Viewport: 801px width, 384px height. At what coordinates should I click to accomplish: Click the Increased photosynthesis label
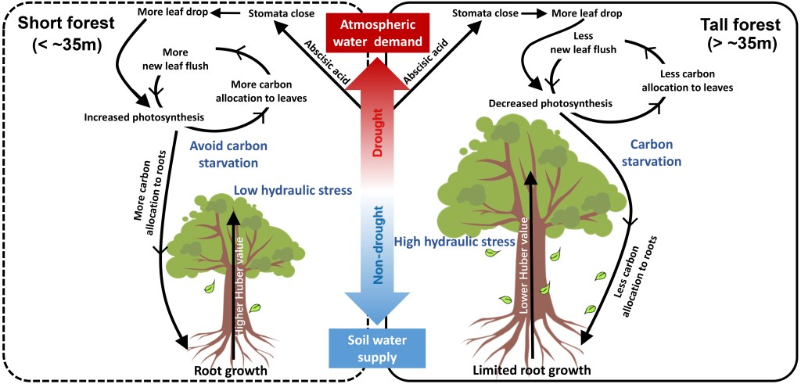tap(144, 117)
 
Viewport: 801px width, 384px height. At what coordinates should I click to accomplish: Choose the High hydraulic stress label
tap(454, 242)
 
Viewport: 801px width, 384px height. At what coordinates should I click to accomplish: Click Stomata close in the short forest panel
tap(280, 13)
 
